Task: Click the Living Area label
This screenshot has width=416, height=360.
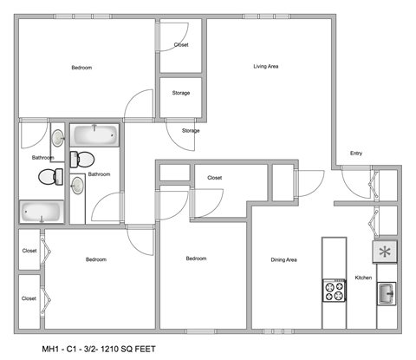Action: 265,66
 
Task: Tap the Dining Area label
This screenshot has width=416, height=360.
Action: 284,259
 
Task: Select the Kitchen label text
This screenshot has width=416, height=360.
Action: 363,278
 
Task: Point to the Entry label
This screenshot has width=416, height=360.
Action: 355,154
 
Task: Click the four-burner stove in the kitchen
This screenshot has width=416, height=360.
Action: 334,291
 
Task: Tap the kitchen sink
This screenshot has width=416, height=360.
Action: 385,294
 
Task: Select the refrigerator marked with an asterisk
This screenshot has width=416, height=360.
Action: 384,252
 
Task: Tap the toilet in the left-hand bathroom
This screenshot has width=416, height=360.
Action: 50,176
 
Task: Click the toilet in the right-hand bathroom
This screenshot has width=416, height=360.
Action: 81,158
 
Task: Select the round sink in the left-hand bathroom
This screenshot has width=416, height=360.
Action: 58,139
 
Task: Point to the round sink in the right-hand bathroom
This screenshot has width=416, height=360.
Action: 77,186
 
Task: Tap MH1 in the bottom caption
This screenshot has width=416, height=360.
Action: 52,348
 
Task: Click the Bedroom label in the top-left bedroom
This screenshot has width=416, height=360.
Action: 81,68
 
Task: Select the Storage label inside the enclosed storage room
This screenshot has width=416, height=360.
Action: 181,93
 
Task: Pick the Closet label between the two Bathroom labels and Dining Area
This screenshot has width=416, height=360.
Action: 215,178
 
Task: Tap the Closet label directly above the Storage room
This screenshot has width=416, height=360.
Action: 181,44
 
